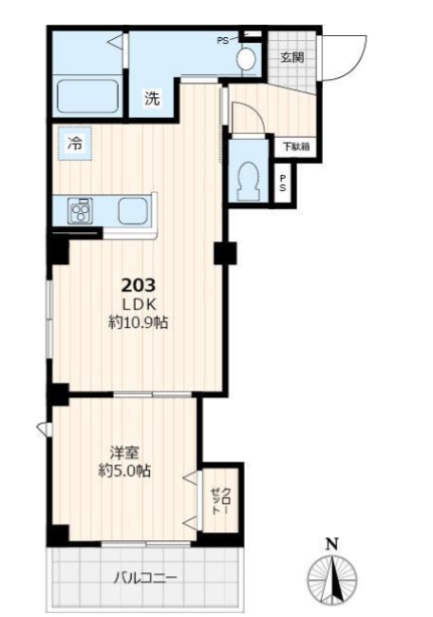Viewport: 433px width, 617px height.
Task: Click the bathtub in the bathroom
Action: click(88, 96)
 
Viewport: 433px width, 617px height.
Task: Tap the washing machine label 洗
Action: click(152, 98)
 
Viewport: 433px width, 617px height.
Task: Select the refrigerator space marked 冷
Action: click(75, 144)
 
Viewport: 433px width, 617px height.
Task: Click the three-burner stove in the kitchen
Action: click(80, 211)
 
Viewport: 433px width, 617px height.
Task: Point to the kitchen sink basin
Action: click(133, 210)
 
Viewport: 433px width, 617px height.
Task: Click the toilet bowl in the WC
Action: click(249, 181)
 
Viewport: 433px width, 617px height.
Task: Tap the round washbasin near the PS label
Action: click(246, 59)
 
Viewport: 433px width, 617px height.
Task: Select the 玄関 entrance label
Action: click(292, 57)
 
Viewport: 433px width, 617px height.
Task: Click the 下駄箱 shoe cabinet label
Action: click(296, 147)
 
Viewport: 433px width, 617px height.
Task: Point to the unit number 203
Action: click(139, 285)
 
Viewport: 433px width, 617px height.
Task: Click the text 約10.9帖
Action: click(139, 322)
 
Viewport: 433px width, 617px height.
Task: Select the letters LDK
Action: click(139, 304)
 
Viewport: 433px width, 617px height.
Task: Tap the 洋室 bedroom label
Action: click(124, 453)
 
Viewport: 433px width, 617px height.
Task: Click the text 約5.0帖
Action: click(124, 471)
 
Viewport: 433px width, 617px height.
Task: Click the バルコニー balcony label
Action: click(146, 578)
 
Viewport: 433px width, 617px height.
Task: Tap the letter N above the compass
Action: click(332, 545)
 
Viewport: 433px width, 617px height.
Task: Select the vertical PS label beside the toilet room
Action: click(283, 183)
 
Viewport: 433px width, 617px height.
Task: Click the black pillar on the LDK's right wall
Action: click(225, 254)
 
